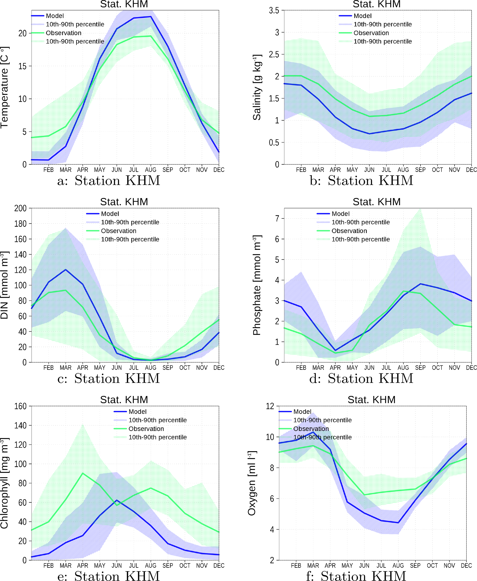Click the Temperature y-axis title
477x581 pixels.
5,87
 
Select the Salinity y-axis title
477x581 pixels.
257,87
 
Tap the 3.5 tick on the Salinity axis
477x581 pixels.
274,11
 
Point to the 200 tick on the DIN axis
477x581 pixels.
20,208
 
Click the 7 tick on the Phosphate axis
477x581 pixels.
277,219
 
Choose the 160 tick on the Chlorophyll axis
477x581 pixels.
20,406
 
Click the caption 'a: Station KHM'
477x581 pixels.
108,181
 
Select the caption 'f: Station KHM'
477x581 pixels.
356,576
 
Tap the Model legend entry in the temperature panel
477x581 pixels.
55,16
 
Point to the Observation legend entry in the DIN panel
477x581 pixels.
118,231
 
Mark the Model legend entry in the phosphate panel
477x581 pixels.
340,214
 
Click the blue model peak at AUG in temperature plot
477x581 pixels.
150,17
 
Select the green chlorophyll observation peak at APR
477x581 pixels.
83,473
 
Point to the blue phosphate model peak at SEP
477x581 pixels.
420,284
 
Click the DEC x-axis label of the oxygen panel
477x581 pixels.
466,565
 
